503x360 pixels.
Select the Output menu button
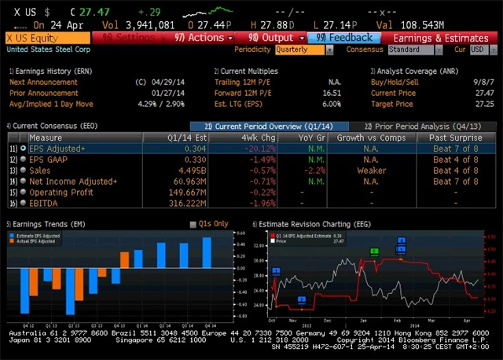(270, 38)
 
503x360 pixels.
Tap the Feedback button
(345, 38)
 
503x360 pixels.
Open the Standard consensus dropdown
(413, 50)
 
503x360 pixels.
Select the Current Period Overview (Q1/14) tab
(270, 127)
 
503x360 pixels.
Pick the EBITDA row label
(44, 203)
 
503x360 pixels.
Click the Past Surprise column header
(455, 138)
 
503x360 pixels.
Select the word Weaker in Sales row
(372, 170)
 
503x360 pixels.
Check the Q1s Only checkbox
(194, 224)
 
